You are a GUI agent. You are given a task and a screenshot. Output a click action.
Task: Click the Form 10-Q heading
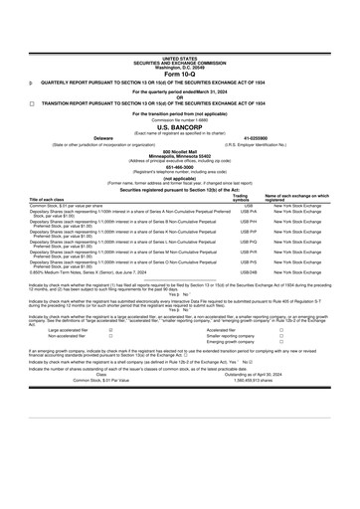tap(180, 46)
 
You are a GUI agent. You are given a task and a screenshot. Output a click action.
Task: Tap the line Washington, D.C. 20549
tap(180, 40)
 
